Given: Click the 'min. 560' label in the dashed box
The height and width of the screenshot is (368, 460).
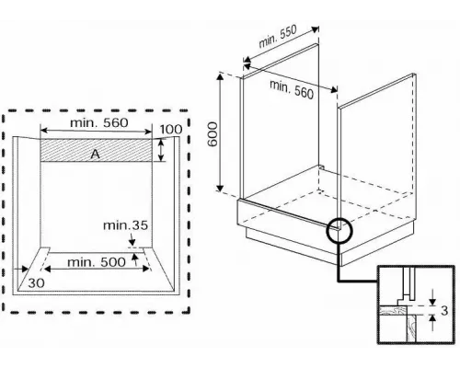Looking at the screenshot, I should pos(99,122).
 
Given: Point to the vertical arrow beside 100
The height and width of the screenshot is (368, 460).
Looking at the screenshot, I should pos(161,150).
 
